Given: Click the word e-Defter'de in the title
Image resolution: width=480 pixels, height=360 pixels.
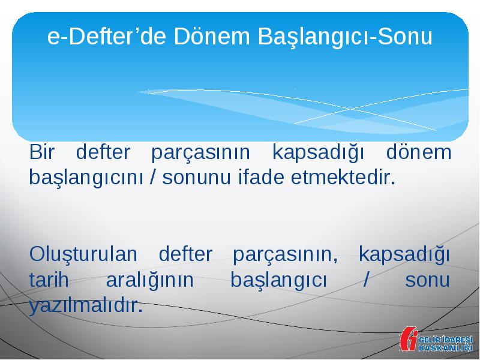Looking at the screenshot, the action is click(107, 36).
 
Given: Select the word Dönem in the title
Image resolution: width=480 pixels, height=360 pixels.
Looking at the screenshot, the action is click(212, 36).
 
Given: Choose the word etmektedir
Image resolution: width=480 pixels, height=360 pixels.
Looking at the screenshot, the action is click(343, 177).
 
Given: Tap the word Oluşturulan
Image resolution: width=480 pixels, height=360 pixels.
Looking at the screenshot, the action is click(83, 254).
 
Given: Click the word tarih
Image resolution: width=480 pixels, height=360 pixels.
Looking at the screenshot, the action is click(49, 280).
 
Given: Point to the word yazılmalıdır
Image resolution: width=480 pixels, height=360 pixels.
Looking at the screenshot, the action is click(86, 306).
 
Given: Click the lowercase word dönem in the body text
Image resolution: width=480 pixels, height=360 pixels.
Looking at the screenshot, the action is click(419, 152).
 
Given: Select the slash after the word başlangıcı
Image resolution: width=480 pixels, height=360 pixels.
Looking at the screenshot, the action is click(365, 280).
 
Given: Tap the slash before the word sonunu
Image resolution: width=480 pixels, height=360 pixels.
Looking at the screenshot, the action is click(152, 177).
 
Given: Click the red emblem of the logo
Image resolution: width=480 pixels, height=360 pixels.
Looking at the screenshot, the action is click(409, 339).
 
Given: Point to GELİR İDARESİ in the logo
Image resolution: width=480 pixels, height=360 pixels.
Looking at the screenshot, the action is click(446, 340).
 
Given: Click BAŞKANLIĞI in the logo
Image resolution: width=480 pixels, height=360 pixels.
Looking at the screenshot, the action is click(446, 348).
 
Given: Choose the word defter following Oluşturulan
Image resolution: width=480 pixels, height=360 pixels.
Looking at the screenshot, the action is click(185, 254).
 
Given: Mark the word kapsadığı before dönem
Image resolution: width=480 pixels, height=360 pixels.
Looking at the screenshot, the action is click(319, 153).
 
